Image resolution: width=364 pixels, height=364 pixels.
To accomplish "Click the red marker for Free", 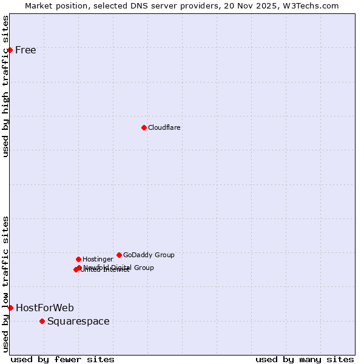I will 10,50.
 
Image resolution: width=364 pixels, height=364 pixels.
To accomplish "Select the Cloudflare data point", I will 144,127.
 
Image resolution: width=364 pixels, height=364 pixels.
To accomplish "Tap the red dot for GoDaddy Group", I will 119,255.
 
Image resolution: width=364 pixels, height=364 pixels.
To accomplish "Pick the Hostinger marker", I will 78,259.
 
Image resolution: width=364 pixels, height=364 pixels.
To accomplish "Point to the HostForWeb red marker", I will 10,308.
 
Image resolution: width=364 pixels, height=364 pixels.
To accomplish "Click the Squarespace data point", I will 42,321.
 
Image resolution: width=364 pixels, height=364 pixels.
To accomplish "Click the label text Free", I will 25,50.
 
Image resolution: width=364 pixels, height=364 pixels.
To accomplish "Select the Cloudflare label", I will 164,127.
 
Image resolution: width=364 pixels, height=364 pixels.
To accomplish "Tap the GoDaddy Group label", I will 149,255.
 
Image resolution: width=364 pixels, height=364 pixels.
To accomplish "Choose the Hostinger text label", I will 98,259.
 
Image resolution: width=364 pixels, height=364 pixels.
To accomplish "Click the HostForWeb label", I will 45,308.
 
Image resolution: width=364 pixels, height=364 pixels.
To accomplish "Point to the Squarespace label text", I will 78,321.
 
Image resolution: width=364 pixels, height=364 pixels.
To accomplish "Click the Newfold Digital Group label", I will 119,267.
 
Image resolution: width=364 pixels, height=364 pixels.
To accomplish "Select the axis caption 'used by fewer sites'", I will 62,359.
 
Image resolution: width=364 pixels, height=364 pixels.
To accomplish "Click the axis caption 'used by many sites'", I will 305,359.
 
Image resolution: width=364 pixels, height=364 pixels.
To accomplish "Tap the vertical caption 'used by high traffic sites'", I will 6,86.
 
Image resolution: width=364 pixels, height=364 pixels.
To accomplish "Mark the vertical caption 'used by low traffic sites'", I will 6,283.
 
